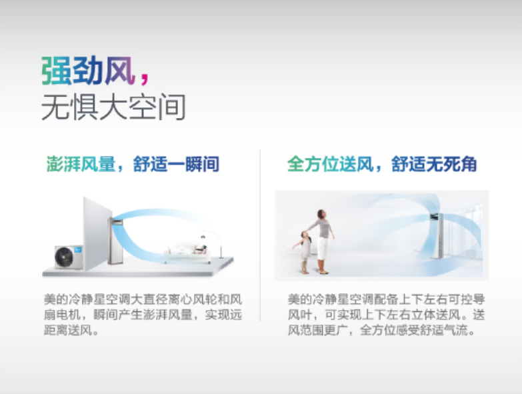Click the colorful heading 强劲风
(88, 71)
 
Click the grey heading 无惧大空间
(113, 107)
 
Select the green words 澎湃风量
(81, 164)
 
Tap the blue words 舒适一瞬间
(176, 164)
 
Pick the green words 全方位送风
(330, 164)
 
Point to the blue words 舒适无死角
(434, 164)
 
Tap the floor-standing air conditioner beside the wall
(116, 241)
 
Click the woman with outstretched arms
(321, 241)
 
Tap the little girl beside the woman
(303, 252)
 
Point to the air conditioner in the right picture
(437, 235)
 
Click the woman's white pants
(323, 248)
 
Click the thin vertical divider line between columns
(260, 235)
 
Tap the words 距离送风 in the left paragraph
(68, 330)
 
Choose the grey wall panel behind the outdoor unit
(97, 233)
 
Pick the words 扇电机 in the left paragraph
(62, 315)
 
